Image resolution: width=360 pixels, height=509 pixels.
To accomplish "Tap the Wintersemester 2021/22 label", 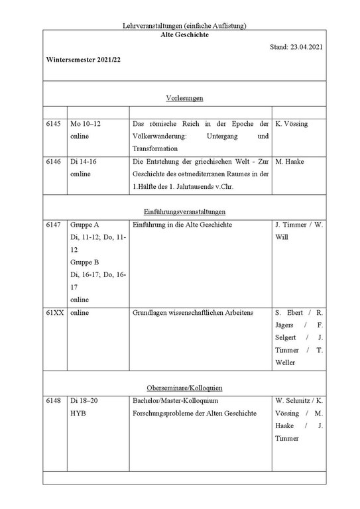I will [x=84, y=60].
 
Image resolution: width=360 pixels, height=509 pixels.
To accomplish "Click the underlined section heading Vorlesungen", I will [x=184, y=98].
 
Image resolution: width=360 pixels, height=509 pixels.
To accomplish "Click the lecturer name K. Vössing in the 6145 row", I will [x=291, y=124].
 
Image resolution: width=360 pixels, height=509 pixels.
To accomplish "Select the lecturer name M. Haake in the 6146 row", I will [x=289, y=161].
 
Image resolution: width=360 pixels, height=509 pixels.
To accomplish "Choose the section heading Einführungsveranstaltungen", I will [x=184, y=211].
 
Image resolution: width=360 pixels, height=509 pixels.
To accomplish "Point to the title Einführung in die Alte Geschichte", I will [x=182, y=225].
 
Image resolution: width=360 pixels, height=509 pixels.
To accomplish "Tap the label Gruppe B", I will [x=85, y=262].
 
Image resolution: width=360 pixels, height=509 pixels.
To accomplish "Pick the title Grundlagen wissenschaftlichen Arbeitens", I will [x=193, y=312].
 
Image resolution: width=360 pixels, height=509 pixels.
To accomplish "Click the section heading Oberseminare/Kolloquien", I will [x=184, y=387].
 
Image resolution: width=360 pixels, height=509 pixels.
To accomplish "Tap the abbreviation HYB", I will [x=78, y=414].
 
